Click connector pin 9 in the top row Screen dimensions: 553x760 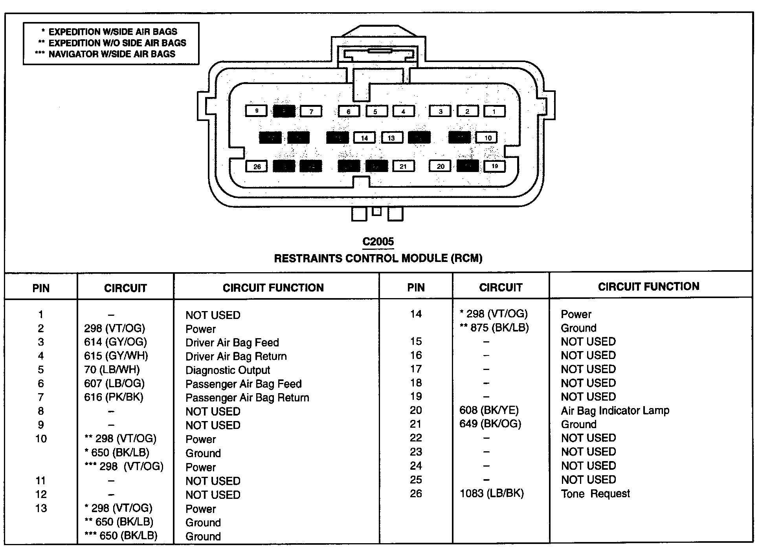click(256, 111)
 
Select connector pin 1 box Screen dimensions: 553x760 click(494, 112)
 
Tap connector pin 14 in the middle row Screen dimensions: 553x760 click(364, 138)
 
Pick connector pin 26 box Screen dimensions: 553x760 click(257, 167)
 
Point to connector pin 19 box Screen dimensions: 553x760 click(494, 166)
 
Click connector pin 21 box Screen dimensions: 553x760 click(403, 167)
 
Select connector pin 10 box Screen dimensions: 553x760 click(487, 138)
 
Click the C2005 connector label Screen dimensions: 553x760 click(378, 242)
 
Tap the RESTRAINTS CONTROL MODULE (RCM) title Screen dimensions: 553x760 click(378, 258)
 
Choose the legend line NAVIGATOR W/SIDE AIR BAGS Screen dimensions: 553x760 click(111, 54)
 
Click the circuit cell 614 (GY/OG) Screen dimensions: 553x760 click(115, 342)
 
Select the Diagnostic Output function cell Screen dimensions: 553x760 click(228, 370)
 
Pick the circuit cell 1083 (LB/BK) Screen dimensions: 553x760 click(491, 493)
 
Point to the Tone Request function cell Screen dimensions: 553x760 click(595, 494)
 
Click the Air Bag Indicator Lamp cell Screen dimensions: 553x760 click(615, 410)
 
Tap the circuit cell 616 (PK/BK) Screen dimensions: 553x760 click(114, 397)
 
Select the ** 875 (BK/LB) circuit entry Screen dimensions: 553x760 click(494, 328)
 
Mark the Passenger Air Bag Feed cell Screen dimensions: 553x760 click(243, 384)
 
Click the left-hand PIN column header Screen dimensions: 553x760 click(41, 288)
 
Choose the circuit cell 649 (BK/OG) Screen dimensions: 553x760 click(490, 424)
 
